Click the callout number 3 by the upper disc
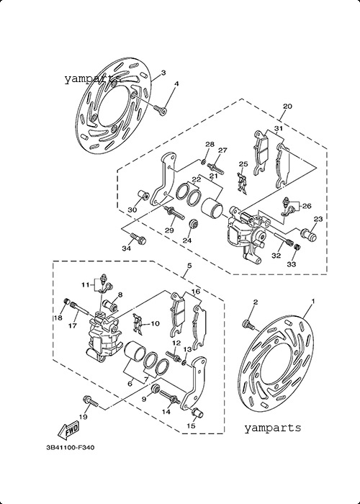[x=163, y=73]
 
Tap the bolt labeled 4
[x=160, y=109]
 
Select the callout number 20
[x=287, y=106]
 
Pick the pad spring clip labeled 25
[x=243, y=184]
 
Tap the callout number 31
[x=279, y=129]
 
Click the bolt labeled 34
[x=138, y=238]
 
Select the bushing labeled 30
[x=143, y=195]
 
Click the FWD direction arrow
[x=68, y=431]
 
